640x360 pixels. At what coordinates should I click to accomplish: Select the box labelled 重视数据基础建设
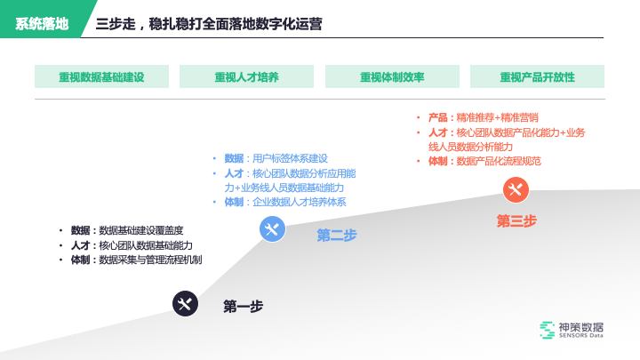click(101, 76)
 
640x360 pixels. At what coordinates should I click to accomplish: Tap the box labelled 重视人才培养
click(246, 76)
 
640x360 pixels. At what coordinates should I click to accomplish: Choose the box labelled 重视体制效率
click(392, 76)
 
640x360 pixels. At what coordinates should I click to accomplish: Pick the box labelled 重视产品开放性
click(537, 76)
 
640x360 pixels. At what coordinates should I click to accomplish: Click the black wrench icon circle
click(185, 305)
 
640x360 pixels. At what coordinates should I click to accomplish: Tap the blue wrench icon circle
click(272, 229)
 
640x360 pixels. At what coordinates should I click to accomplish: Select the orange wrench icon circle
click(516, 189)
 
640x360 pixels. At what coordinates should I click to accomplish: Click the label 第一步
click(243, 307)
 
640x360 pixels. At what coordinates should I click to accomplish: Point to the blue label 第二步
click(337, 236)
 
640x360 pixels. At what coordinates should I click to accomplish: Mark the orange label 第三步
click(516, 221)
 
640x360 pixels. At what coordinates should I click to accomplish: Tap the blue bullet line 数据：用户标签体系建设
click(276, 158)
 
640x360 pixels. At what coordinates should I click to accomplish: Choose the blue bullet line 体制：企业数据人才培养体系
click(284, 203)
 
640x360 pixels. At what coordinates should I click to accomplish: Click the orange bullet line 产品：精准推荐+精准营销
click(483, 117)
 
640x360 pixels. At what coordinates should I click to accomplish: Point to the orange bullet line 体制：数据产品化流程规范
click(484, 161)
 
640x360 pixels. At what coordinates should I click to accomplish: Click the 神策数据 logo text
click(580, 326)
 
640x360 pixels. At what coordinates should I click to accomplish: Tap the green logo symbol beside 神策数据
click(547, 331)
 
